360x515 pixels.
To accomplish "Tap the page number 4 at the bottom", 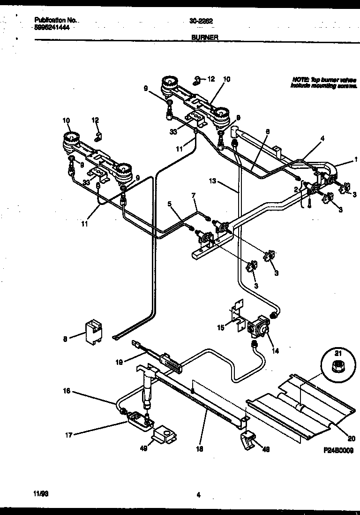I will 199,493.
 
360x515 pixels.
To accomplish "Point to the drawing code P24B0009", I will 338,449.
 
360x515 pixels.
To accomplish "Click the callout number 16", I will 67,390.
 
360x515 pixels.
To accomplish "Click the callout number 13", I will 213,181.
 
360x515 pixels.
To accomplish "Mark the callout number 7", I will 193,194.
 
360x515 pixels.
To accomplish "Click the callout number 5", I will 170,204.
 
